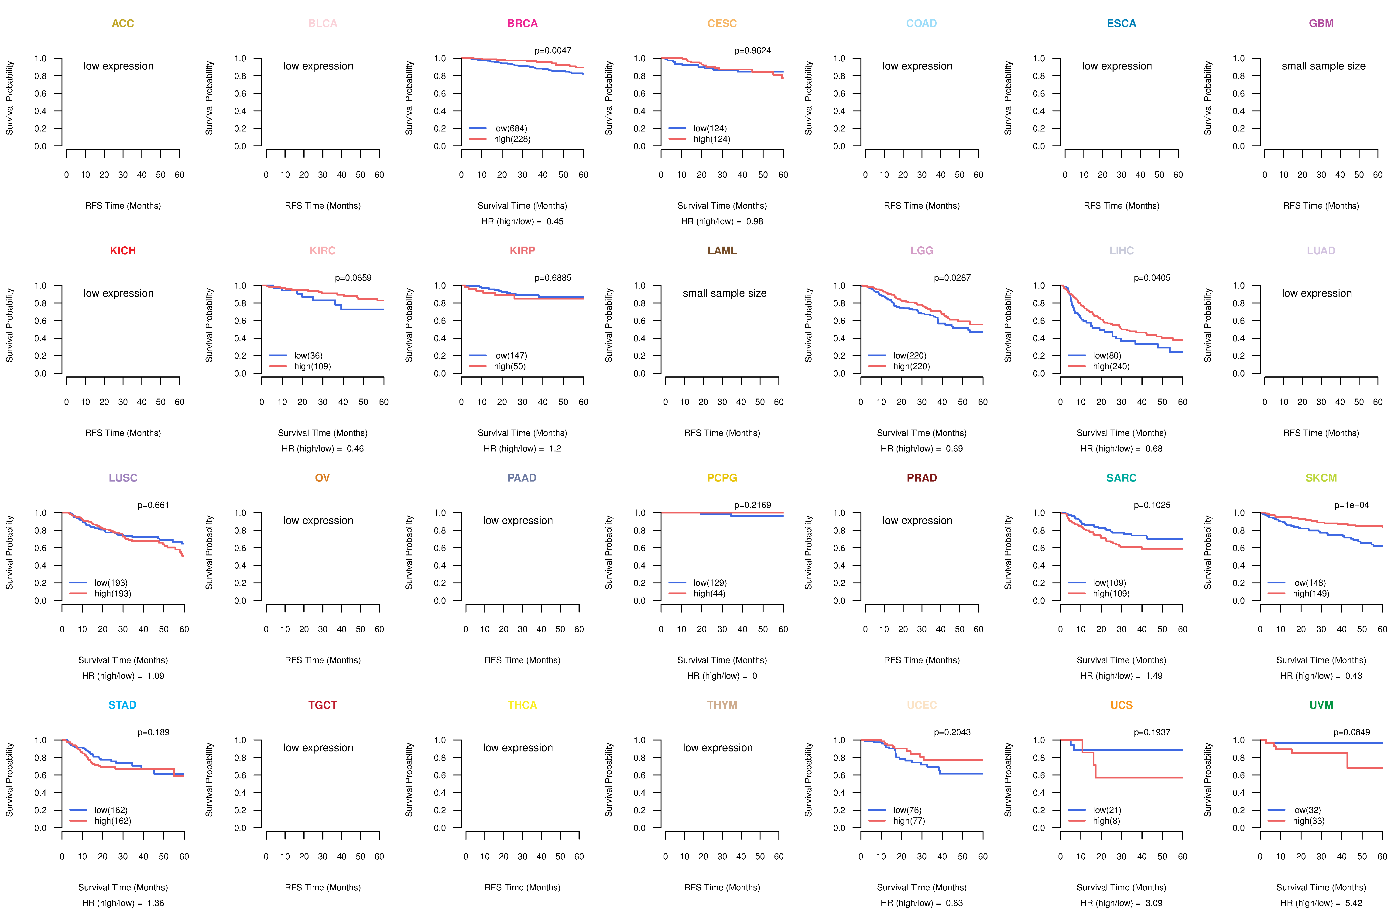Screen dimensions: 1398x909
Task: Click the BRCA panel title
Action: click(x=522, y=24)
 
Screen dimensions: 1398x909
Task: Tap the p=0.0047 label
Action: click(x=553, y=51)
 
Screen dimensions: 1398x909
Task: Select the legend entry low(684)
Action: click(x=511, y=128)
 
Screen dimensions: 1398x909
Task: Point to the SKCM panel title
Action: click(x=1321, y=478)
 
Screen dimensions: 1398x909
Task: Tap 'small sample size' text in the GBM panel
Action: click(x=1323, y=66)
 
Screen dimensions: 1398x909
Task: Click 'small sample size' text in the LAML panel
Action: click(x=724, y=293)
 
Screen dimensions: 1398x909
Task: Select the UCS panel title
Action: click(x=1121, y=705)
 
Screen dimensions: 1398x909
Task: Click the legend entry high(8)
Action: click(x=1106, y=821)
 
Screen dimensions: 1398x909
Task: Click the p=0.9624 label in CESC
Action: click(x=752, y=51)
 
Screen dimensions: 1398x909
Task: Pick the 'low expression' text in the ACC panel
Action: click(x=119, y=66)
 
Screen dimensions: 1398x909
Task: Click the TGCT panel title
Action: click(x=322, y=705)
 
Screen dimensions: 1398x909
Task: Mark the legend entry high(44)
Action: click(x=709, y=593)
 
